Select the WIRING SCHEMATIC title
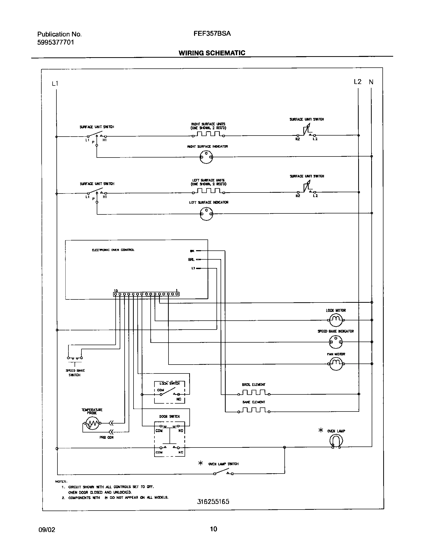212,53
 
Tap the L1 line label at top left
55,83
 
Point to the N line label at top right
371,82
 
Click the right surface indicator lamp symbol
206,157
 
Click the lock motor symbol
335,320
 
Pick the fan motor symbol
335,364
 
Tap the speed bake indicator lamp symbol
335,342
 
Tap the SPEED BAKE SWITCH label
75,373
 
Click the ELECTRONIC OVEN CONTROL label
113,250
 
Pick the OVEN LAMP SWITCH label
223,464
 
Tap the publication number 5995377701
56,42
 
